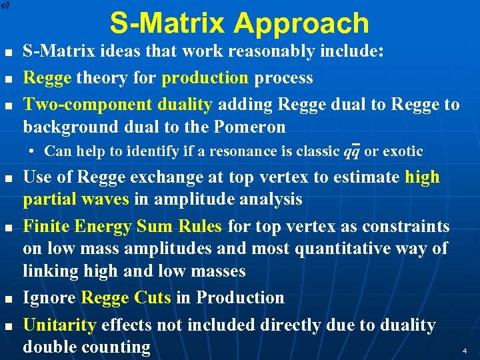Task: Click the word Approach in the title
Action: [x=301, y=23]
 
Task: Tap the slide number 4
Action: [x=464, y=350]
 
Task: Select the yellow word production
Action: [x=205, y=78]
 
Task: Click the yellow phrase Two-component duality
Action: [x=117, y=105]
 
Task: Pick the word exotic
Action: [x=403, y=151]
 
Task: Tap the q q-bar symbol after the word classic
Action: [x=352, y=151]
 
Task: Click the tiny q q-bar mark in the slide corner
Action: [x=5, y=5]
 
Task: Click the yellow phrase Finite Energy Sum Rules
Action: [x=123, y=227]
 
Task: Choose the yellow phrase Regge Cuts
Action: [x=126, y=297]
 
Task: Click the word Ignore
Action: [x=50, y=297]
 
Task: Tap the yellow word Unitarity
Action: [x=60, y=325]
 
